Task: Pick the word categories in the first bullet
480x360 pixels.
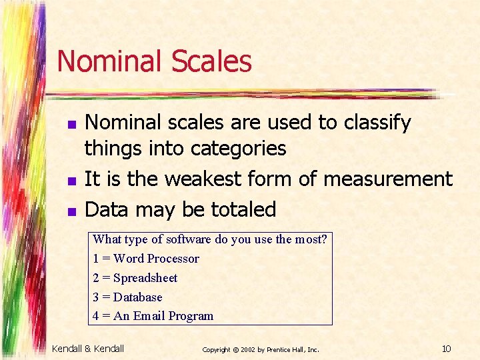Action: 239,148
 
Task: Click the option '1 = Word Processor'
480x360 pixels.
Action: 146,258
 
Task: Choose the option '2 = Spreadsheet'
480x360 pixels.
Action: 135,277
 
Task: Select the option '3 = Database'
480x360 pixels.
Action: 127,297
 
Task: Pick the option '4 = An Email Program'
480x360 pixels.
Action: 153,316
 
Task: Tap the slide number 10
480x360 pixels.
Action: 447,349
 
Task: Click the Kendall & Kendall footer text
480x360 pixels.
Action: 88,349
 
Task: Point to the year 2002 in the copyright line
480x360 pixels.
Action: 246,349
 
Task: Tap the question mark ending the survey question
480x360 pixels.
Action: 325,239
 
